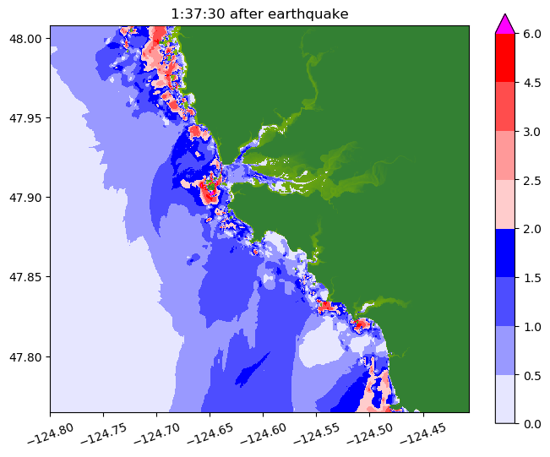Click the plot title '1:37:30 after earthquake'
[x=259, y=14]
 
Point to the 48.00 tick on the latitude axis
[x=28, y=39]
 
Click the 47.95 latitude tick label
[x=28, y=118]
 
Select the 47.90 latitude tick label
[x=28, y=198]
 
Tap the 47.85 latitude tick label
[x=28, y=277]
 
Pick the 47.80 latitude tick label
[x=28, y=356]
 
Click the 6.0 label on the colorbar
[x=531, y=34]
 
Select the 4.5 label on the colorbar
[x=531, y=83]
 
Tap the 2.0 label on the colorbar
[x=531, y=228]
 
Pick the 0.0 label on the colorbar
[x=531, y=423]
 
